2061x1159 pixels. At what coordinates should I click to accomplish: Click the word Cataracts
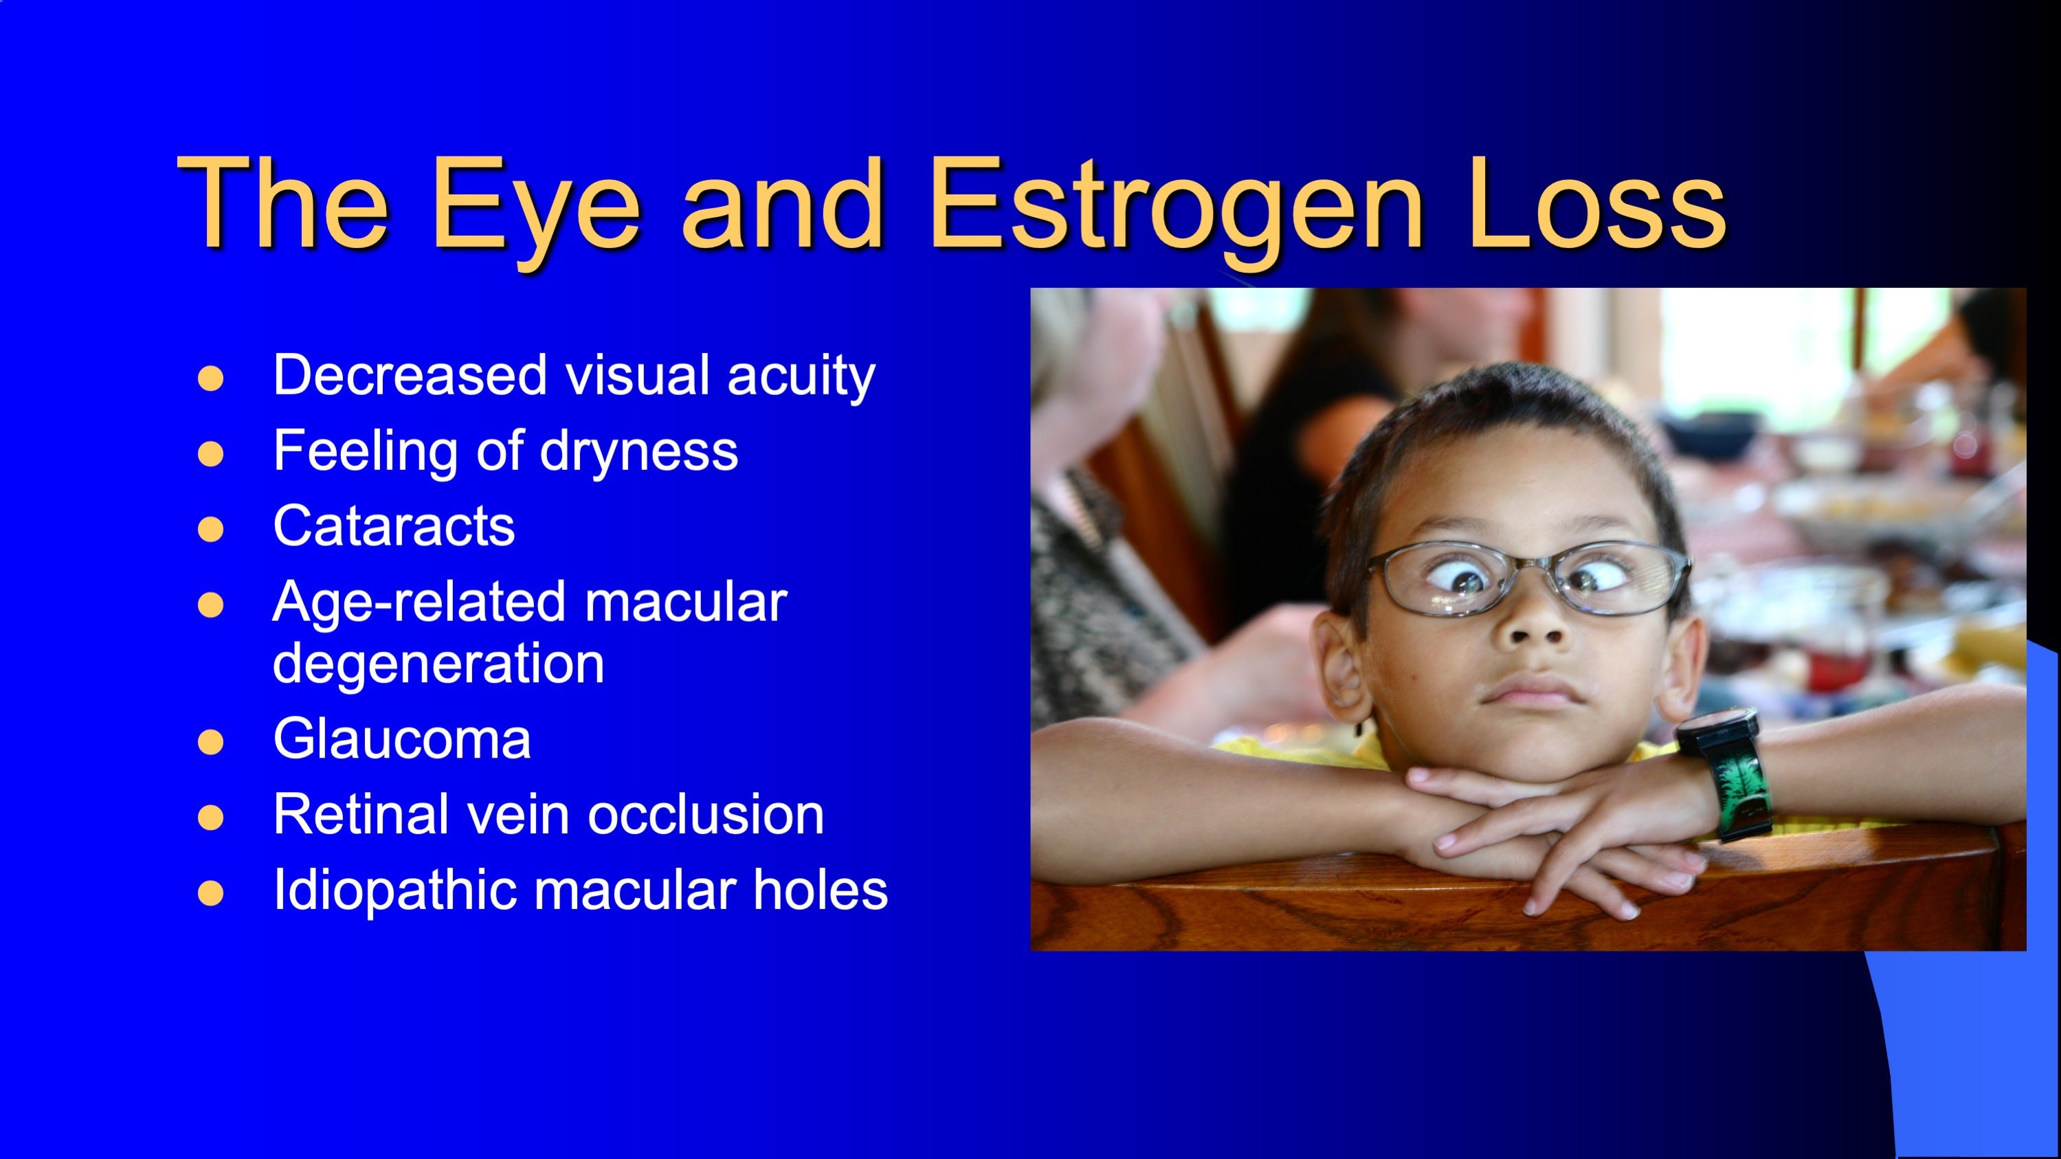pos(394,526)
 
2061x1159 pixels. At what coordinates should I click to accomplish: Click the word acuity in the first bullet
pos(801,376)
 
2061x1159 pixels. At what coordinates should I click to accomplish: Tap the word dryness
pos(638,452)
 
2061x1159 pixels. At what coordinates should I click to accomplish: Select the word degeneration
pos(438,664)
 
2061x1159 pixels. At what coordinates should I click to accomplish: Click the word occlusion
pos(706,814)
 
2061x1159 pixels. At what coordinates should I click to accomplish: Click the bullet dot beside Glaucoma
pos(210,741)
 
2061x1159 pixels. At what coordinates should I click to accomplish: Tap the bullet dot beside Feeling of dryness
pos(210,453)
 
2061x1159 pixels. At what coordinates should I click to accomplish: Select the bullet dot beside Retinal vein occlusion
pos(210,818)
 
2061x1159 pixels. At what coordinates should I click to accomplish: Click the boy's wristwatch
pos(1728,773)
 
